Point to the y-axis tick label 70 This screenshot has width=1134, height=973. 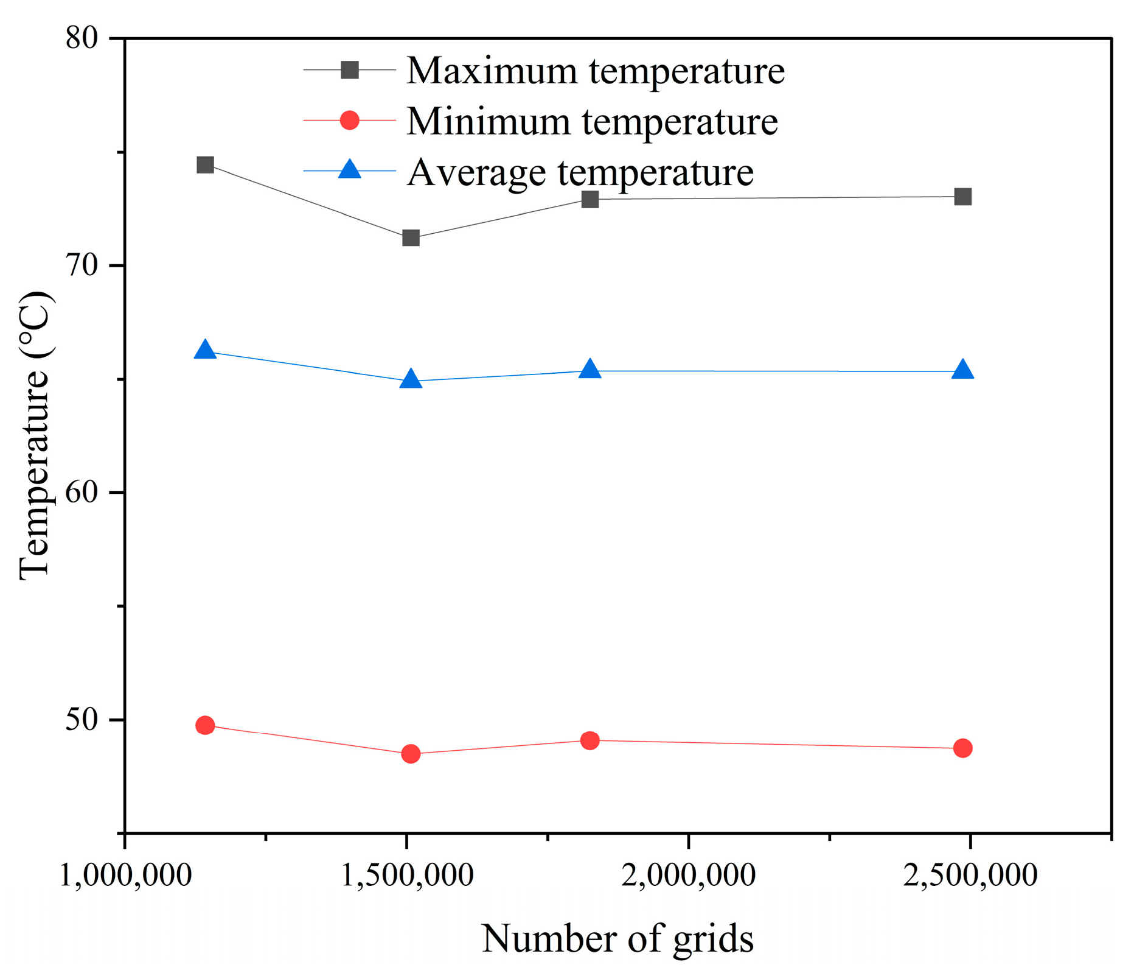coord(82,265)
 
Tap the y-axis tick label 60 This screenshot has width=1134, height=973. coord(82,492)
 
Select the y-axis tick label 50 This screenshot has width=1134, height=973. coord(82,719)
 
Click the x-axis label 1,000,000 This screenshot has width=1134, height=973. coord(125,875)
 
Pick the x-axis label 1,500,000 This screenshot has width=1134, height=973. coord(406,875)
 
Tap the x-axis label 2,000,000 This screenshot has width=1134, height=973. coord(688,875)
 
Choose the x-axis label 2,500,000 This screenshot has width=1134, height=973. coord(970,875)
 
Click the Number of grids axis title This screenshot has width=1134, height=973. coord(617,938)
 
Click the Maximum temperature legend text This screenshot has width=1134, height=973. coord(595,71)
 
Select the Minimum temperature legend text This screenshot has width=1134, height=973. coord(591,121)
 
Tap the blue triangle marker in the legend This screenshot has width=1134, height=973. coord(350,170)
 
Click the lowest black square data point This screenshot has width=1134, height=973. coord(411,237)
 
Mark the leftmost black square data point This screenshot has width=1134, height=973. coord(206,164)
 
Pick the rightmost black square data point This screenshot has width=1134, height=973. coord(963,197)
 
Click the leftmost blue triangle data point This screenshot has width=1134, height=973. coord(206,350)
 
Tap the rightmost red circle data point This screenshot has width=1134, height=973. coord(963,748)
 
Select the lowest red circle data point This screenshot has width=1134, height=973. coord(411,754)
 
